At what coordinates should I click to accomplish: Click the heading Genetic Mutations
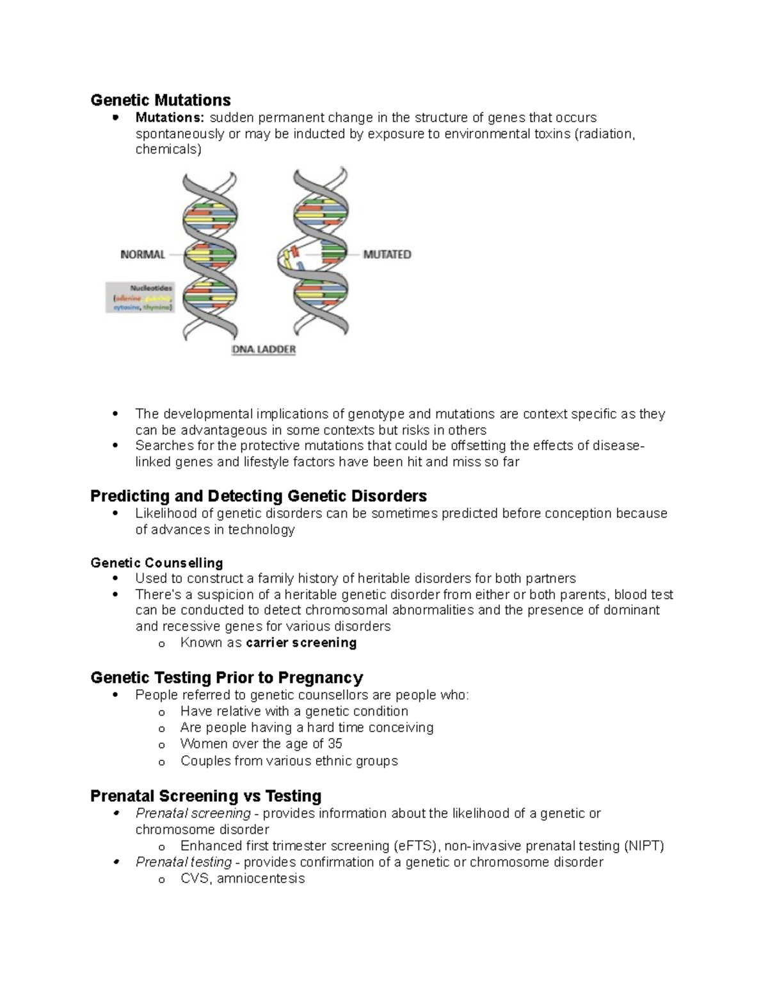tap(160, 100)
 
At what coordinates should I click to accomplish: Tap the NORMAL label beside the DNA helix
tap(143, 254)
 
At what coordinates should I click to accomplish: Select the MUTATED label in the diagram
tap(387, 254)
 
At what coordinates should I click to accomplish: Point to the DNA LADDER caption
tap(263, 349)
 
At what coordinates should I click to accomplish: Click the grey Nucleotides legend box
tap(140, 297)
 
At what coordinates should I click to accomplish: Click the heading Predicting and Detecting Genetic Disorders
tap(259, 496)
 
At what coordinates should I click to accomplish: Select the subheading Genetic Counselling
tap(157, 563)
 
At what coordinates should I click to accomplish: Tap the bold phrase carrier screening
tap(301, 643)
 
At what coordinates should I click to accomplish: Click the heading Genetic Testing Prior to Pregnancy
tap(227, 677)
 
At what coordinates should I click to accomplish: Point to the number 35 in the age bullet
tap(335, 744)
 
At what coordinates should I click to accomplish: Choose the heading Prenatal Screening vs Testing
tap(205, 796)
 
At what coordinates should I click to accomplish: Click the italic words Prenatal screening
tap(193, 814)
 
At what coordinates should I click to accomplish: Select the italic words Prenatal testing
tap(184, 862)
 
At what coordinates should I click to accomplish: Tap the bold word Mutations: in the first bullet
tap(170, 118)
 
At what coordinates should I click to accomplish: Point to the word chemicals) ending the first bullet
tap(168, 150)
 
